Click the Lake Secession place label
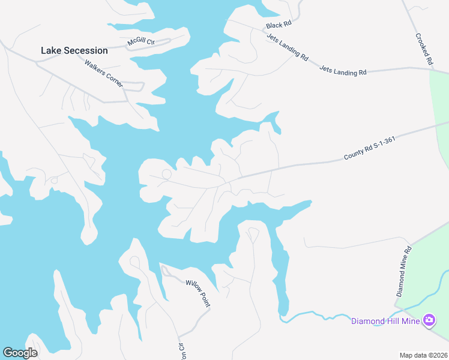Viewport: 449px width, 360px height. click(74, 51)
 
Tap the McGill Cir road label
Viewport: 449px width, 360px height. click(141, 42)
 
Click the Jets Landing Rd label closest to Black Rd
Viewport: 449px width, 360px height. click(288, 47)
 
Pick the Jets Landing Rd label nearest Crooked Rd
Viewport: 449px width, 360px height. click(343, 71)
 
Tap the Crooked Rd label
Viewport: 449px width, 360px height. click(424, 49)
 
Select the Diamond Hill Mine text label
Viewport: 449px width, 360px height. click(385, 321)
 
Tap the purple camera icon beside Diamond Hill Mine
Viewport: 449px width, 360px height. click(429, 321)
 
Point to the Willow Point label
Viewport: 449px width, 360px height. click(197, 293)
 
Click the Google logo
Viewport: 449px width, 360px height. click(20, 353)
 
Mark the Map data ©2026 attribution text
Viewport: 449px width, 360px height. click(423, 355)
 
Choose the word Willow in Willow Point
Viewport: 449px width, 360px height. click(193, 288)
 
